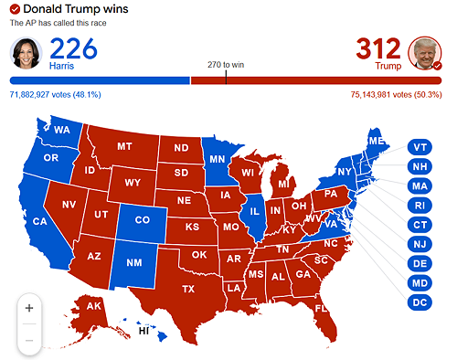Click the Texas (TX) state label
pyautogui.click(x=189, y=289)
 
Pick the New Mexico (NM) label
pyautogui.click(x=133, y=263)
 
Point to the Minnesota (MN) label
pyautogui.click(x=217, y=158)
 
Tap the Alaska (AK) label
pyautogui.click(x=94, y=306)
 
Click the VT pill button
pyautogui.click(x=420, y=147)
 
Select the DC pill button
pyautogui.click(x=420, y=301)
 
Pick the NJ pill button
pyautogui.click(x=420, y=243)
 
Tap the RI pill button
pyautogui.click(x=420, y=205)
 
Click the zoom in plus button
pyautogui.click(x=28, y=308)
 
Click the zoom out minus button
pyautogui.click(x=28, y=340)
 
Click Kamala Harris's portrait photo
pyautogui.click(x=27, y=53)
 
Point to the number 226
pyautogui.click(x=74, y=48)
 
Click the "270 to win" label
pyautogui.click(x=226, y=65)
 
